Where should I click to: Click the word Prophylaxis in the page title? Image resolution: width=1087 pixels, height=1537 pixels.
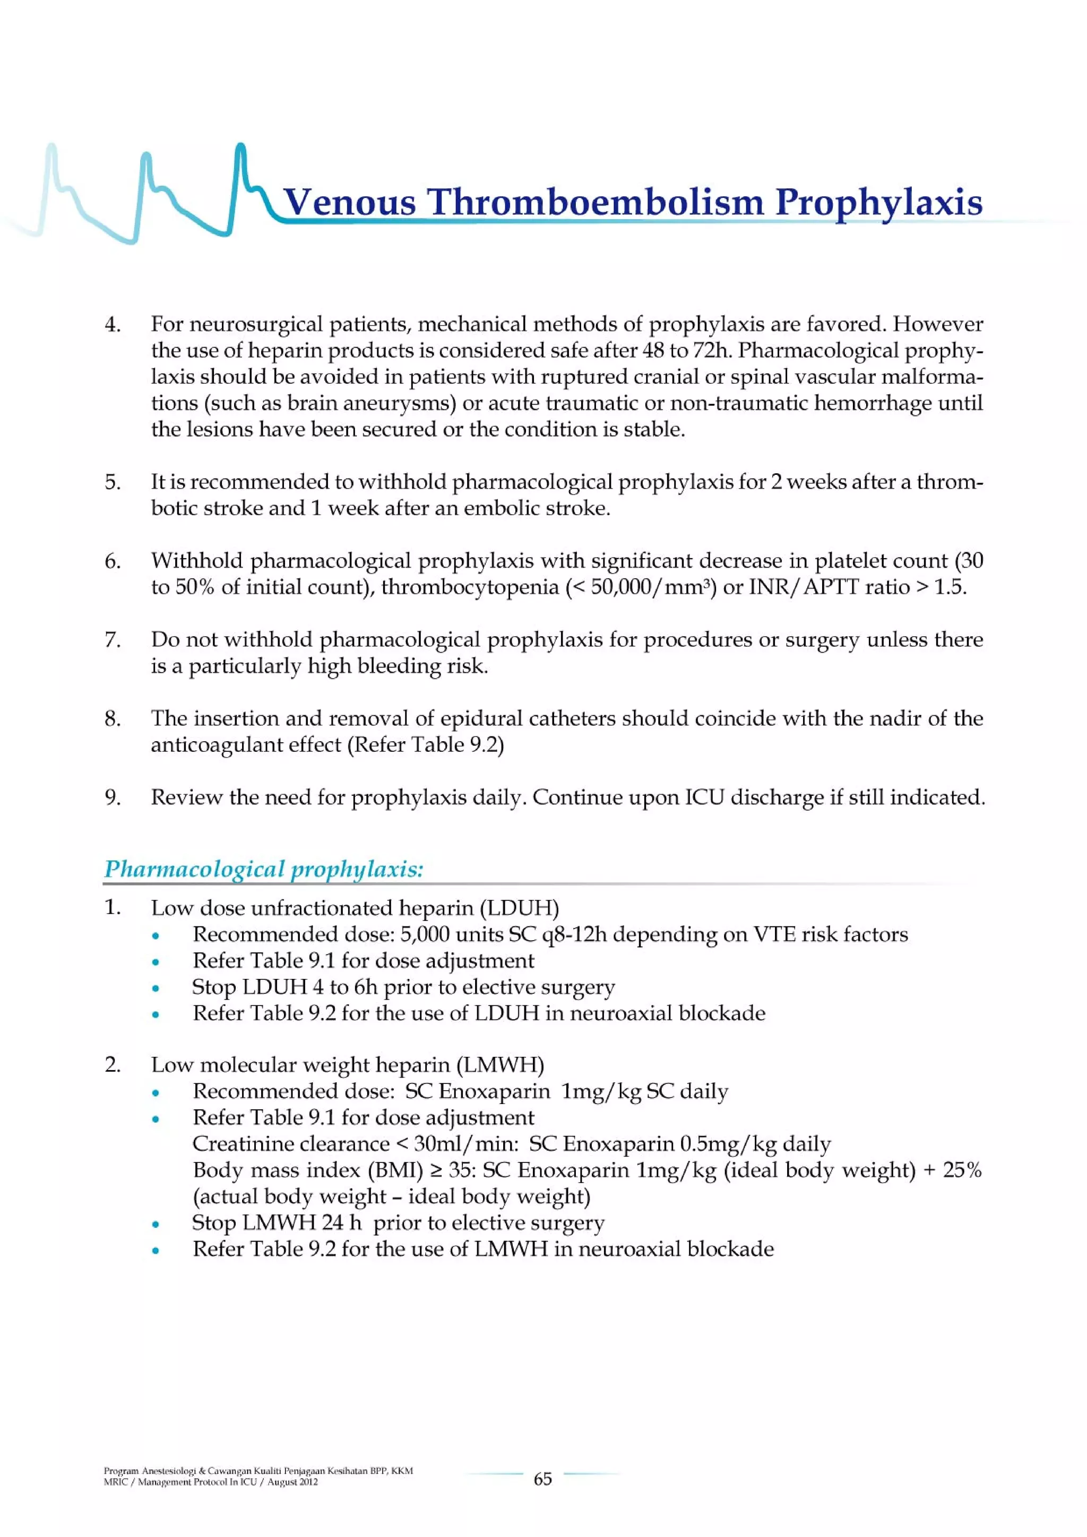[879, 202]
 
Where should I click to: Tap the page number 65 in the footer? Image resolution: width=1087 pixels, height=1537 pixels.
[542, 1479]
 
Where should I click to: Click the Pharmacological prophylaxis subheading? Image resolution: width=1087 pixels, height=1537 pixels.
[264, 869]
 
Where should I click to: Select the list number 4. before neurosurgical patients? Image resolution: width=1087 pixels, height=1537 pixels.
[113, 325]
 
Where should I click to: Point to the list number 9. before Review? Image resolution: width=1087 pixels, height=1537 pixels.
[113, 797]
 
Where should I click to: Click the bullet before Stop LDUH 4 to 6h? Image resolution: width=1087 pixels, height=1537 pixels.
[156, 988]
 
